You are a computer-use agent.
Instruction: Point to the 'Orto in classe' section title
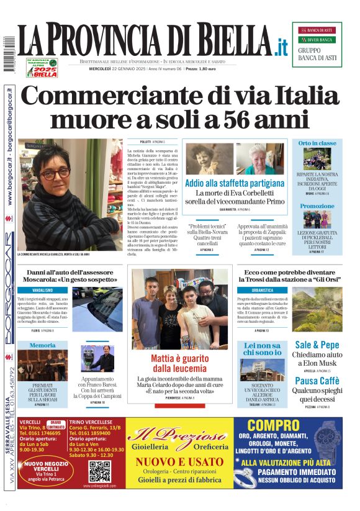pyautogui.click(x=317, y=143)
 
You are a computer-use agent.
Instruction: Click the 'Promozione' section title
pyautogui.click(x=317, y=206)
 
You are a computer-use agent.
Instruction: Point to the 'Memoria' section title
pyautogui.click(x=43, y=345)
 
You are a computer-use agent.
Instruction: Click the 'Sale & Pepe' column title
pyautogui.click(x=317, y=345)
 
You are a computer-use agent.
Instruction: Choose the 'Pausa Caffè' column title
pyautogui.click(x=317, y=381)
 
